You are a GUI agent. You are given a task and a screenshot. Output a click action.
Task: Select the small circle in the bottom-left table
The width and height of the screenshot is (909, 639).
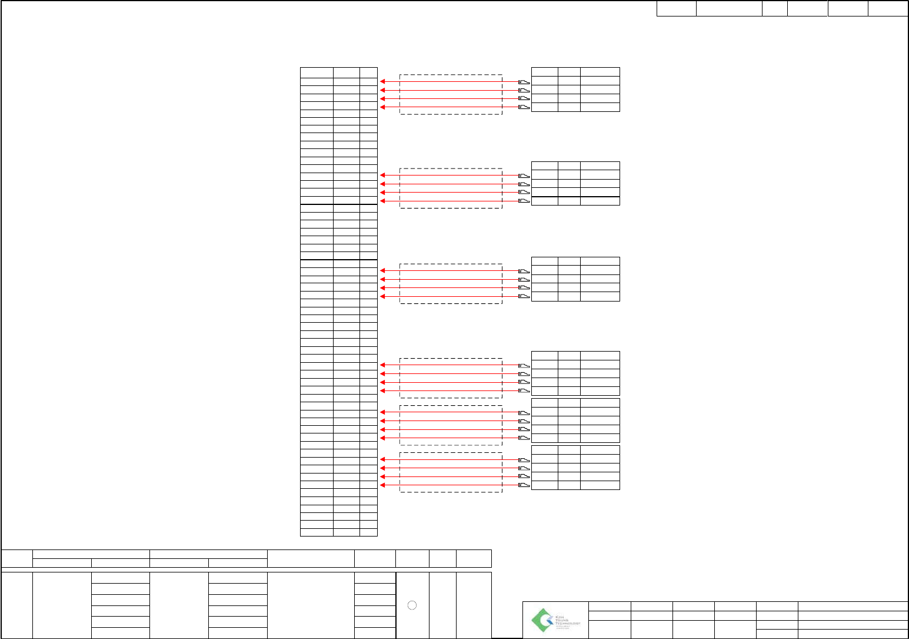412,605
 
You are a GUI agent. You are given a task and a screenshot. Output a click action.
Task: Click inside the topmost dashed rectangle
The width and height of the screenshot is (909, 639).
451,94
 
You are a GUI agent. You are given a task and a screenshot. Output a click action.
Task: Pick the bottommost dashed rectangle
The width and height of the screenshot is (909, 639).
451,472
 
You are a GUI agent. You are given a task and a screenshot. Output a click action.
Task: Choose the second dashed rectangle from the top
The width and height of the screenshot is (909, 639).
451,188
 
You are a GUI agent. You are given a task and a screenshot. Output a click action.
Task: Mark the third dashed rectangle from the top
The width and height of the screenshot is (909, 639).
451,284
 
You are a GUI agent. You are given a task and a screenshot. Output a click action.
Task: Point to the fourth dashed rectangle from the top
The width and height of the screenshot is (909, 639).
451,378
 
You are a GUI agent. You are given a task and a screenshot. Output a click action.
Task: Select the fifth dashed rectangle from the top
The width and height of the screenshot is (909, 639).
451,425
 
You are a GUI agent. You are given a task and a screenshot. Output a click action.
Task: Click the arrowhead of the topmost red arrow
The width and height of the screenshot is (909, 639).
382,81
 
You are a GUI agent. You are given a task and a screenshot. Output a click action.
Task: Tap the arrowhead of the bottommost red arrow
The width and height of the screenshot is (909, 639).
382,485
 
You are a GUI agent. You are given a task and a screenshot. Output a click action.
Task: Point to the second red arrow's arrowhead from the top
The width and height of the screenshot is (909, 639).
382,90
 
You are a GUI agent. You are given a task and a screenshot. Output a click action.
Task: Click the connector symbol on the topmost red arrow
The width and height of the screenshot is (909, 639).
524,81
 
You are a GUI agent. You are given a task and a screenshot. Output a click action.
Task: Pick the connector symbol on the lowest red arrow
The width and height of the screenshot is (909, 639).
524,485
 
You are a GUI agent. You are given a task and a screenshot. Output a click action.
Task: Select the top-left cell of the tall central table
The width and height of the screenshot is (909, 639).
317,72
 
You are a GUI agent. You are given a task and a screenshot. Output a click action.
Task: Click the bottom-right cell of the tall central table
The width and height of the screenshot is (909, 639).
368,532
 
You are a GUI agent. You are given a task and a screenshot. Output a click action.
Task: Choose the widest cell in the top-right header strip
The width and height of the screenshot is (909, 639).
729,8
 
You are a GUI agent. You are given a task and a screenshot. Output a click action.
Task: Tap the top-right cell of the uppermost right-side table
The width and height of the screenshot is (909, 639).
600,72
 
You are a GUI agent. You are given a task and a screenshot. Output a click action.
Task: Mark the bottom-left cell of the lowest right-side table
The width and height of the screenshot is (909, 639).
544,485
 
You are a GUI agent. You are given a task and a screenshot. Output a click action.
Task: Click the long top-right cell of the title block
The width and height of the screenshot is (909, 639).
853,605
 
